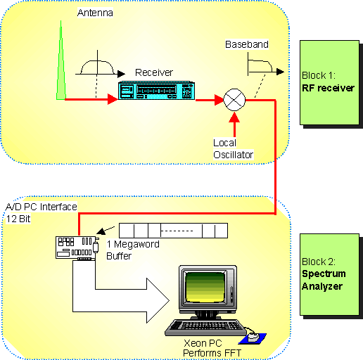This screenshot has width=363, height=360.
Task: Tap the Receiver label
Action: [x=153, y=72]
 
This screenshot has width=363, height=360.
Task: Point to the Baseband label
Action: [x=246, y=45]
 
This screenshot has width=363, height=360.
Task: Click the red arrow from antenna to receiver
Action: [x=91, y=101]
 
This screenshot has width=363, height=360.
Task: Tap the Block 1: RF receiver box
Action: [x=329, y=83]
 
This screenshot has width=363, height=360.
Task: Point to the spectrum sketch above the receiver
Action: [x=97, y=67]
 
